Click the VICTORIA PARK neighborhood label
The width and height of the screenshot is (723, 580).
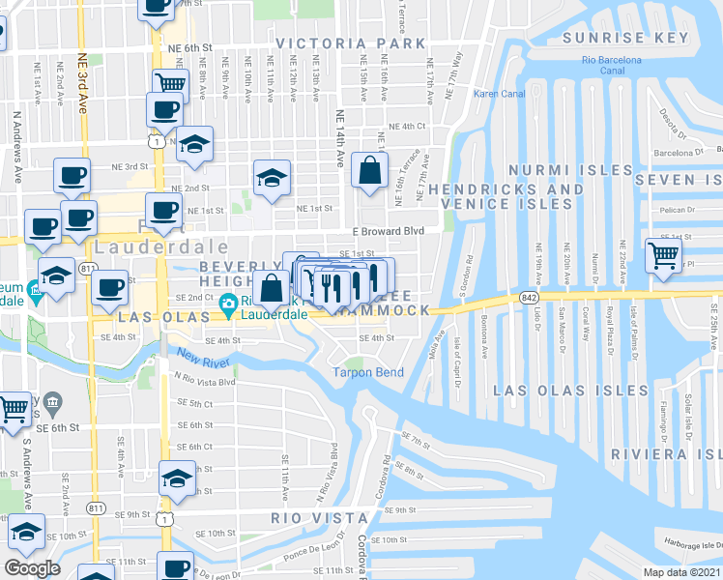click(x=350, y=43)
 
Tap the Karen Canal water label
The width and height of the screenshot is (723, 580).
click(x=497, y=94)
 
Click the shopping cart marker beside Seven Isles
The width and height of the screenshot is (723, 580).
click(x=663, y=255)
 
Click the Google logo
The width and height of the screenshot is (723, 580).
click(x=32, y=568)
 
